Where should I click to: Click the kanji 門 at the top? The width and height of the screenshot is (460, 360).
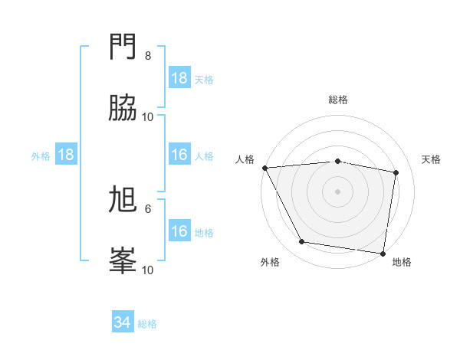click(123, 47)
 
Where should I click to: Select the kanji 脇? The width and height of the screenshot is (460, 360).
click(123, 109)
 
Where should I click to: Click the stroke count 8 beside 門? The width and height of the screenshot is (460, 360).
click(148, 56)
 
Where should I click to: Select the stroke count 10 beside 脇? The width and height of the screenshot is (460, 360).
click(148, 117)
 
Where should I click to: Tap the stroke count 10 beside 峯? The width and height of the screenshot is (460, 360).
click(148, 270)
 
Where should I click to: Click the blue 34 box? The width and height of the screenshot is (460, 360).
click(122, 322)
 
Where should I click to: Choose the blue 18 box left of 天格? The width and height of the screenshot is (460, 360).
click(179, 78)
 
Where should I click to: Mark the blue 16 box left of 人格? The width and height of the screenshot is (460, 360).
click(179, 155)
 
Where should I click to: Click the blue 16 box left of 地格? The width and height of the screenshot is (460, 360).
click(179, 231)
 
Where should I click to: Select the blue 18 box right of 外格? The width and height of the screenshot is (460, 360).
click(66, 155)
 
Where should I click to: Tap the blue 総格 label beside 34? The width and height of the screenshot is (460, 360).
click(147, 324)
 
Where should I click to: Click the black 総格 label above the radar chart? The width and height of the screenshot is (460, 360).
click(338, 100)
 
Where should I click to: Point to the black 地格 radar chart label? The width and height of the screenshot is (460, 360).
click(402, 263)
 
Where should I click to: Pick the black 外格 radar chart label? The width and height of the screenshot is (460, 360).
click(269, 263)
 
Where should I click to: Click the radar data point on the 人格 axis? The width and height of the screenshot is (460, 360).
click(264, 168)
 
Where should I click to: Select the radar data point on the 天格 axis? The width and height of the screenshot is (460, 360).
click(396, 172)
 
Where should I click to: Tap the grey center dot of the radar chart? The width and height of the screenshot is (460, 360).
click(338, 191)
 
